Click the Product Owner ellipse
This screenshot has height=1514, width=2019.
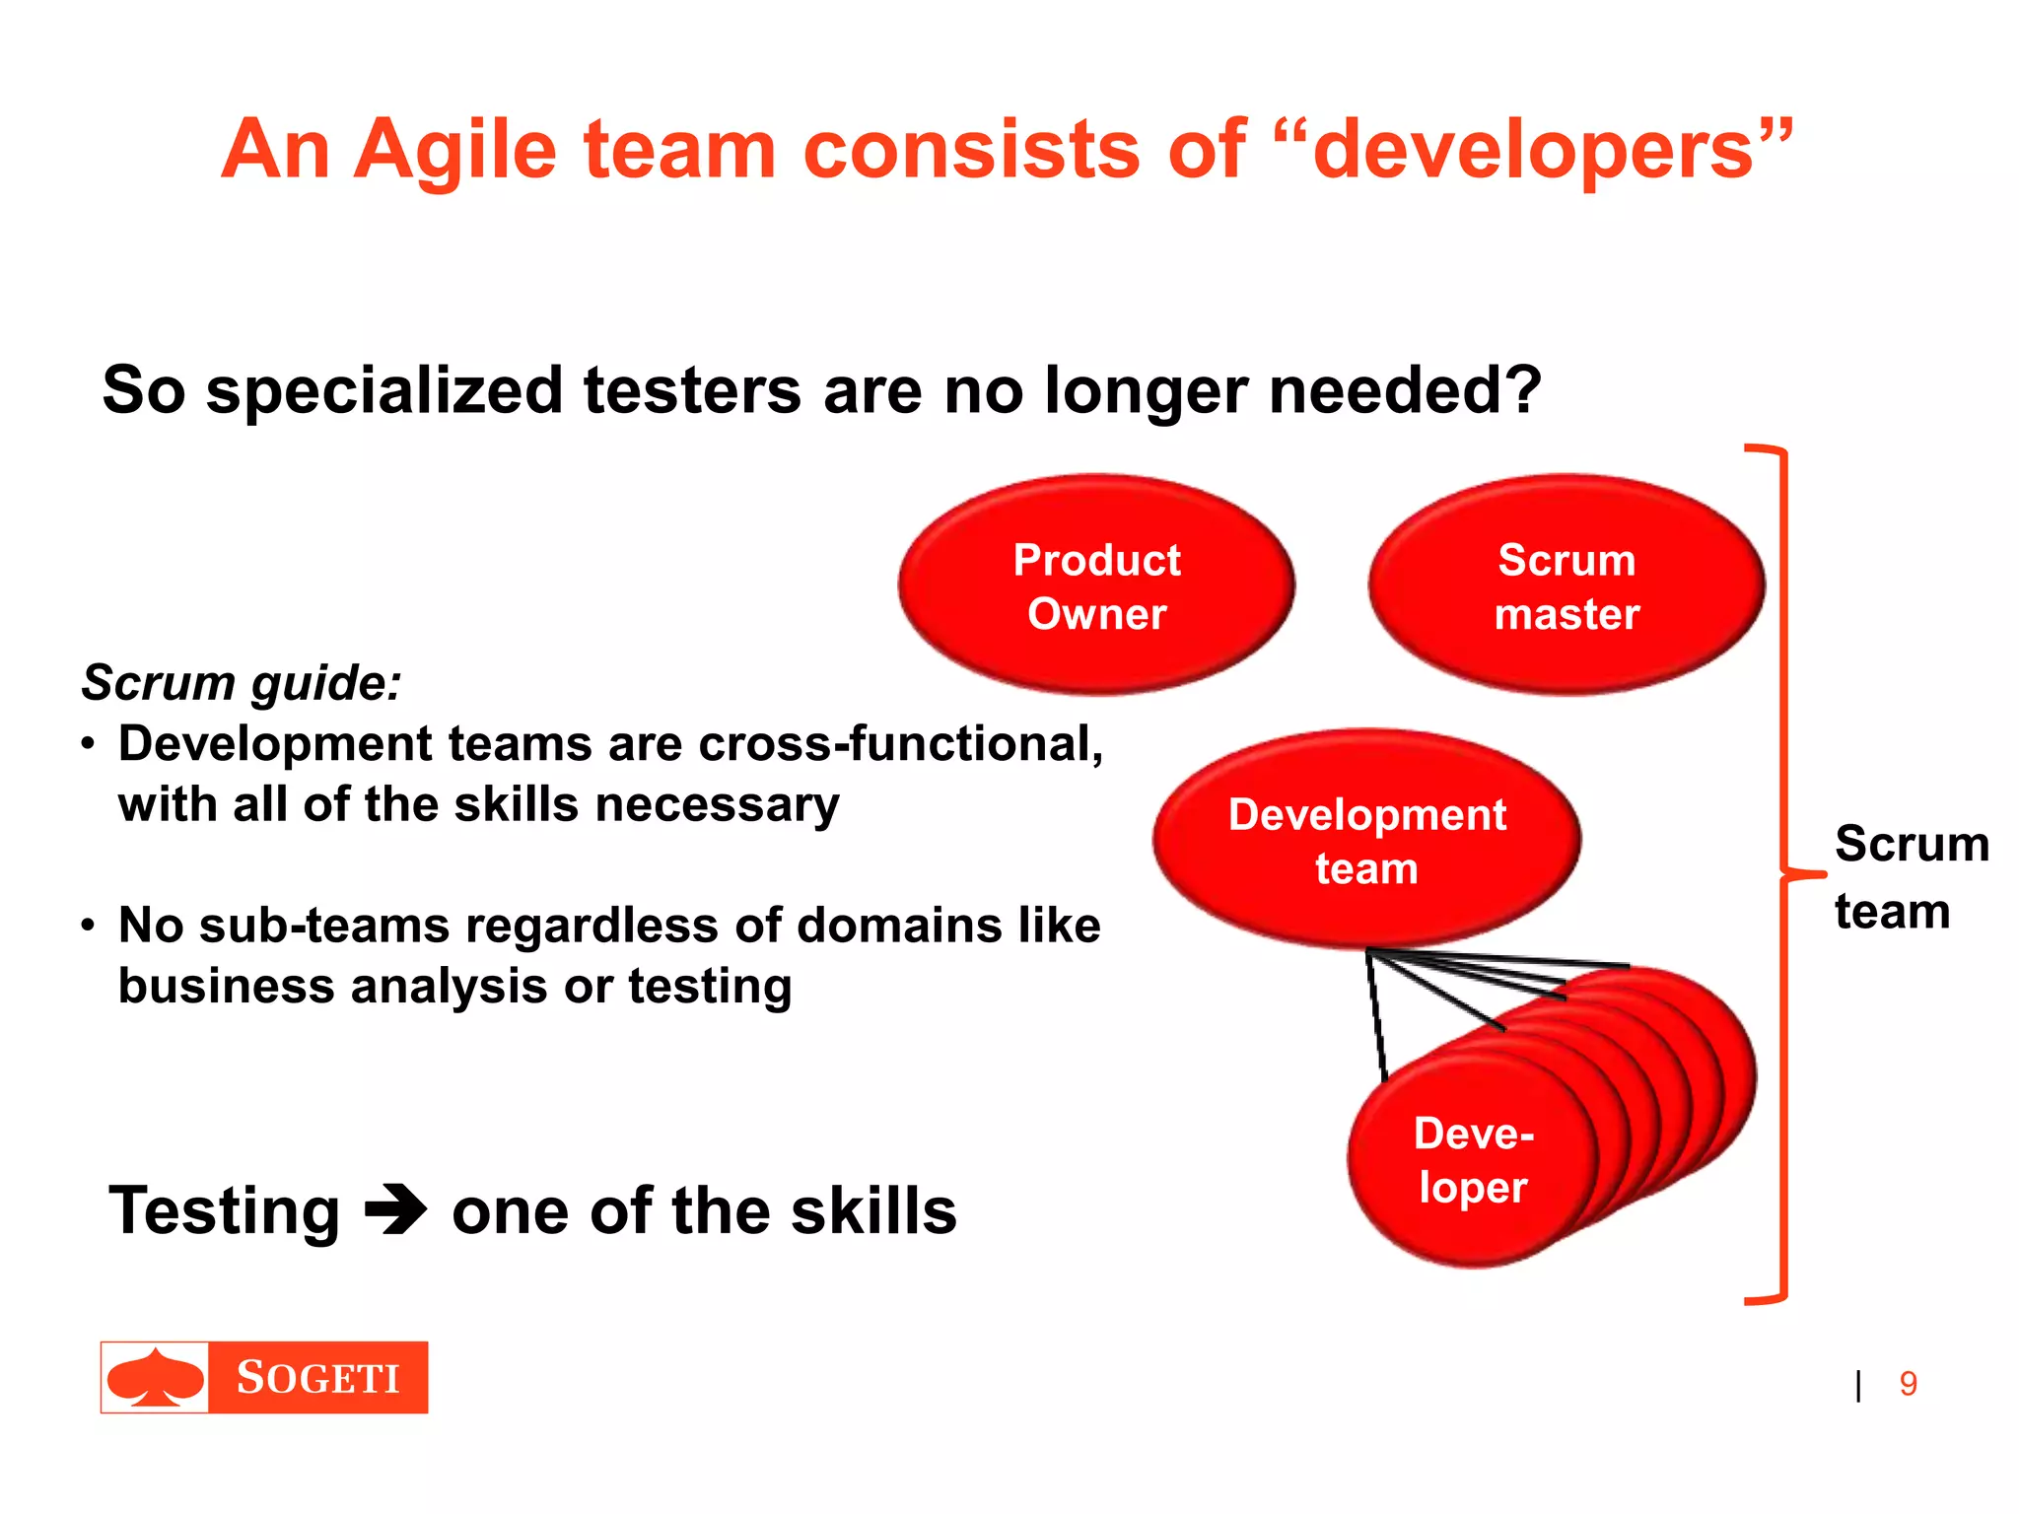point(1096,585)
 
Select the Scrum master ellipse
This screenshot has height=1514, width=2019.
point(1566,585)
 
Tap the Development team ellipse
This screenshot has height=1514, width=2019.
point(1366,840)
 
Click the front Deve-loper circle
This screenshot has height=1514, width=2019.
point(1472,1160)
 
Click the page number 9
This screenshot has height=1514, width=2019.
point(1909,1384)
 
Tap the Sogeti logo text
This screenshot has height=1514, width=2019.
point(317,1378)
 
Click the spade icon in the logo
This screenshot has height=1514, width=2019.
point(155,1377)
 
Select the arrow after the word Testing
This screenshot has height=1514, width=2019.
point(395,1211)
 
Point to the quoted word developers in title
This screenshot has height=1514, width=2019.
point(1534,150)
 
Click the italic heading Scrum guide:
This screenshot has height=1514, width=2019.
point(242,682)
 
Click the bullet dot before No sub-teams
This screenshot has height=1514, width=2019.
point(88,927)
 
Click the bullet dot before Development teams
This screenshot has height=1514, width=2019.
point(88,744)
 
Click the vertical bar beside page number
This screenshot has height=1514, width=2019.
point(1858,1385)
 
